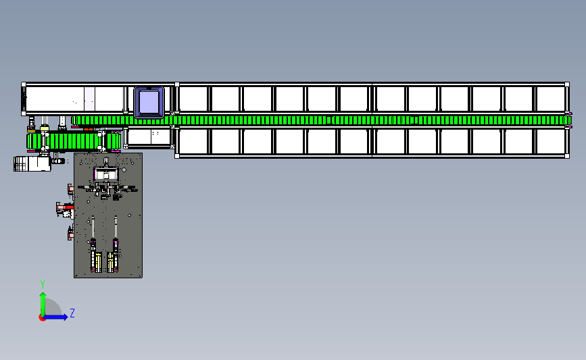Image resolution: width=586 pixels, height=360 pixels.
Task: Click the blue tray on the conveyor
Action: [149, 102]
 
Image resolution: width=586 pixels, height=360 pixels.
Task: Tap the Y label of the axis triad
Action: [43, 284]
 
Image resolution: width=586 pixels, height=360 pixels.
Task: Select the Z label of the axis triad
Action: [72, 313]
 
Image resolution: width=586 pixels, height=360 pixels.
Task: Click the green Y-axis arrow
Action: [43, 304]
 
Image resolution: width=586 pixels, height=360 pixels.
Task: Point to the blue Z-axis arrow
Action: [55, 317]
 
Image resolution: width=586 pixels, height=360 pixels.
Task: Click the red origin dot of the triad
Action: [42, 318]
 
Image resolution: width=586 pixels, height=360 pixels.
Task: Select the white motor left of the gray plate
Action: [32, 163]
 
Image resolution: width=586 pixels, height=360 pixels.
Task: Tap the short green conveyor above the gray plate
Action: [74, 141]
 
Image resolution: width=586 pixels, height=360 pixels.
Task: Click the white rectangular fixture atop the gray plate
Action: [106, 174]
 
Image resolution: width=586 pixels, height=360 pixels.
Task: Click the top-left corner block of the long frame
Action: [24, 85]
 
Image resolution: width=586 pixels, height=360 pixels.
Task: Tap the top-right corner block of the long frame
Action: [567, 85]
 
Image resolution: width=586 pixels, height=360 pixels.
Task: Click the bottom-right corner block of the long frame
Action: [567, 156]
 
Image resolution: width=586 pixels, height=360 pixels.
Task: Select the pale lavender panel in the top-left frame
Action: [89, 99]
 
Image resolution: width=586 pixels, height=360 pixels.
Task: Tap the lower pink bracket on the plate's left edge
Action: [70, 234]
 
